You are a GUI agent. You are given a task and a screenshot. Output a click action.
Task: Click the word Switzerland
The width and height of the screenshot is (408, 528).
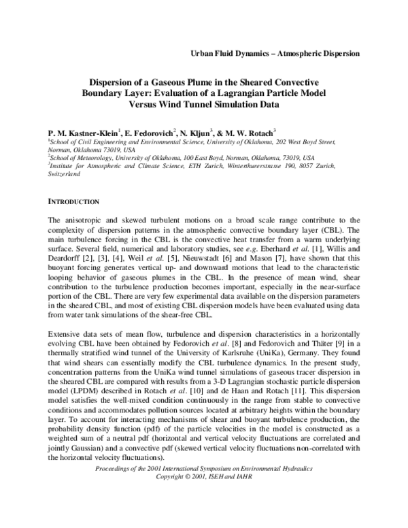point(64,175)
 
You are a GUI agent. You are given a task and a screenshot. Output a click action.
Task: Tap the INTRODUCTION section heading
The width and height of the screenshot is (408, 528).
point(75,202)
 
